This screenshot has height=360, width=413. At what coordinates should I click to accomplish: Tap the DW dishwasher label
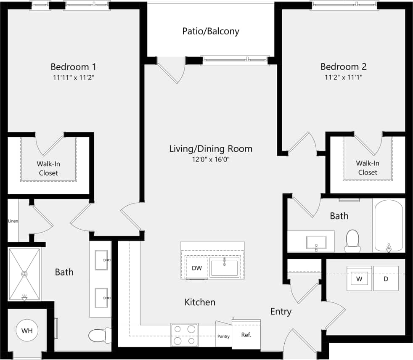click(196, 268)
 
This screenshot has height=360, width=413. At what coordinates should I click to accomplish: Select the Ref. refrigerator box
click(246, 335)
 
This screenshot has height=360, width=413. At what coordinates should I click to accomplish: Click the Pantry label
click(223, 336)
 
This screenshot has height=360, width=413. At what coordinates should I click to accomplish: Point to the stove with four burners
click(184, 335)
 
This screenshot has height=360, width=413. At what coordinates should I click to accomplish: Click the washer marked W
click(359, 278)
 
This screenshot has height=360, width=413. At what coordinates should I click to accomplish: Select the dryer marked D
click(386, 278)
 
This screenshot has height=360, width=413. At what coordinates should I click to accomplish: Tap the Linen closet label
click(13, 221)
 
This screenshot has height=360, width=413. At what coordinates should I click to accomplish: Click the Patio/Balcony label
click(211, 31)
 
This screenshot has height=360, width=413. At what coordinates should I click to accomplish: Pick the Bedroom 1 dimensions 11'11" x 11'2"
click(73, 77)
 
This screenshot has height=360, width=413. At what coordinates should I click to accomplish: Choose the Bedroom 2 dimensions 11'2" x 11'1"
click(343, 77)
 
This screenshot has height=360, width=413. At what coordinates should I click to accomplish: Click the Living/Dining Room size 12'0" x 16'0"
click(211, 159)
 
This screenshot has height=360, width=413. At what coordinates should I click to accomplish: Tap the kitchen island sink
click(225, 267)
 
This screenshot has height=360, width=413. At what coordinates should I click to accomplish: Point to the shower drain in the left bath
click(24, 274)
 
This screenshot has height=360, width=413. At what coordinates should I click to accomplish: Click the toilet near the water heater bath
click(99, 335)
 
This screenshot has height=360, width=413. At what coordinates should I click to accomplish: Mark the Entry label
click(281, 312)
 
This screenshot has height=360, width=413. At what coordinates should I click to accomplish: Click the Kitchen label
click(200, 302)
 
